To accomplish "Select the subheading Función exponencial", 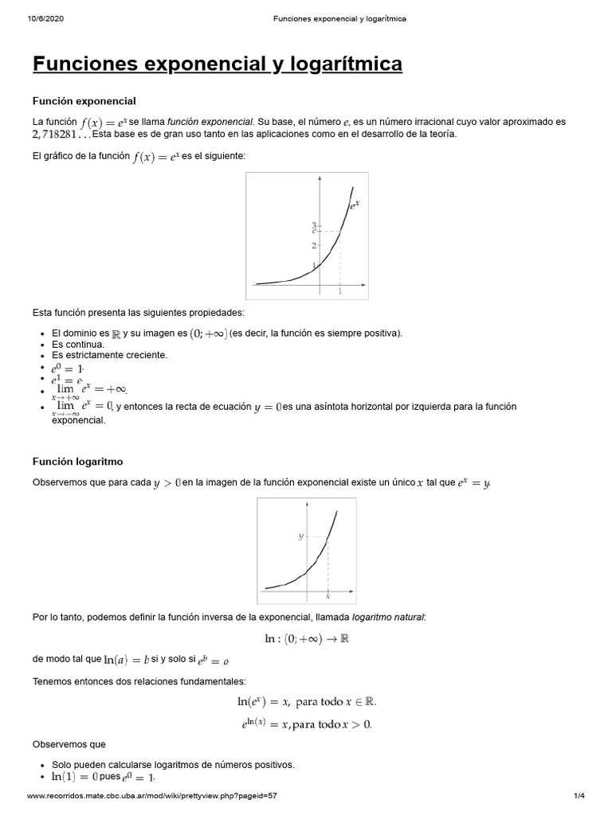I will coord(84,101).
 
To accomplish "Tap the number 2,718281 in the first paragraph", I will coord(61,134).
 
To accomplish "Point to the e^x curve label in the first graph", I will coord(355,205).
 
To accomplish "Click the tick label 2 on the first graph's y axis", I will coord(315,245).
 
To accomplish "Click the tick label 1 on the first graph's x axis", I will coord(340,292).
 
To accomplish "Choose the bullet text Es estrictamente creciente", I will coord(110,355).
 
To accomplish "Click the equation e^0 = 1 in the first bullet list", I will coord(68,369).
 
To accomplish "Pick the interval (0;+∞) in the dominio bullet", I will coord(208,333).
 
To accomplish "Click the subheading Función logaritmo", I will coord(78,461).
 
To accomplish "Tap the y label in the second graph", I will coord(300,536).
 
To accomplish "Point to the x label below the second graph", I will coord(328,596).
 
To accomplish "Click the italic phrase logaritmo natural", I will coord(389,616).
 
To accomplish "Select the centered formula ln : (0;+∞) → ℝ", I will coord(307,638).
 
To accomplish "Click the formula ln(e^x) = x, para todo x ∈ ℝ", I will coord(307,701).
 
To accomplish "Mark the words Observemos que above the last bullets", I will coord(69,744).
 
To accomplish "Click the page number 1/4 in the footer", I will coord(579,796).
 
